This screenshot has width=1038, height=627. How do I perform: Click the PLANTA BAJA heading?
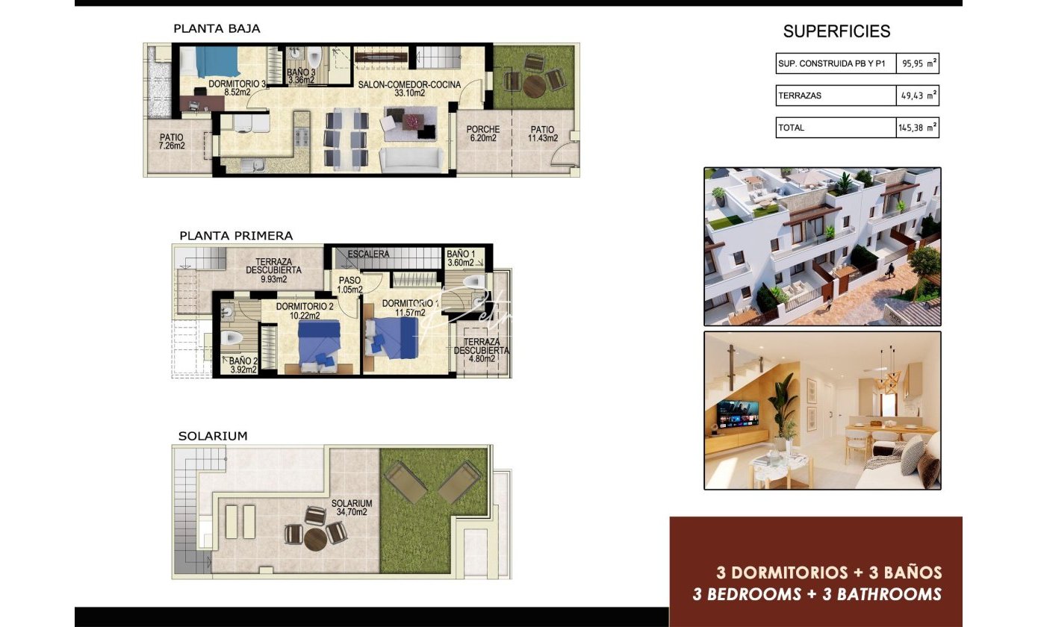(x=217, y=28)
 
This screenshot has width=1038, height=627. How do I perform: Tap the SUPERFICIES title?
(x=836, y=31)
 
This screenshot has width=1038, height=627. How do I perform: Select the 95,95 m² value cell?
(x=918, y=63)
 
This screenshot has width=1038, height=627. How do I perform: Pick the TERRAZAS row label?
(x=800, y=96)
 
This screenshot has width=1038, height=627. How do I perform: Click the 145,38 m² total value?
(x=918, y=128)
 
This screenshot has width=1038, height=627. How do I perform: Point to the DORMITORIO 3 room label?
(x=237, y=88)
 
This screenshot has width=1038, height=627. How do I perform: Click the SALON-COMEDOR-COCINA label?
(x=410, y=88)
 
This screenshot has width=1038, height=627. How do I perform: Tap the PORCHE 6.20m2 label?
(x=483, y=134)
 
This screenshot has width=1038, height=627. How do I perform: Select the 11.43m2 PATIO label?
(x=543, y=134)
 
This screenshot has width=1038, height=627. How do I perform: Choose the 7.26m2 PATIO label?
(x=172, y=142)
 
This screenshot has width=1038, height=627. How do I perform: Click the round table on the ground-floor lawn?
(x=534, y=87)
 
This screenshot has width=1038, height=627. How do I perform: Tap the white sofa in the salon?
(x=411, y=160)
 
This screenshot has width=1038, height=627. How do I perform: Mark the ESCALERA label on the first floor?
(x=368, y=254)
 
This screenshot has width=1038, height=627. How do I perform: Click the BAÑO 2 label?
(x=243, y=365)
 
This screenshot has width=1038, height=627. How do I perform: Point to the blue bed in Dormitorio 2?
(x=320, y=344)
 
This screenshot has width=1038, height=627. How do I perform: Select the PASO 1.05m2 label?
(x=350, y=285)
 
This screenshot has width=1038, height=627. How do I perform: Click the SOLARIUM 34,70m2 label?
(x=352, y=508)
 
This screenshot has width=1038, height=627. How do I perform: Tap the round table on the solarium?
(x=316, y=540)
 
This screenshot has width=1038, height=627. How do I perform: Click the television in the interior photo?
(x=738, y=414)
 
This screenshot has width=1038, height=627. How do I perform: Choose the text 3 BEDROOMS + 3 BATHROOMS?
(x=817, y=594)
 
